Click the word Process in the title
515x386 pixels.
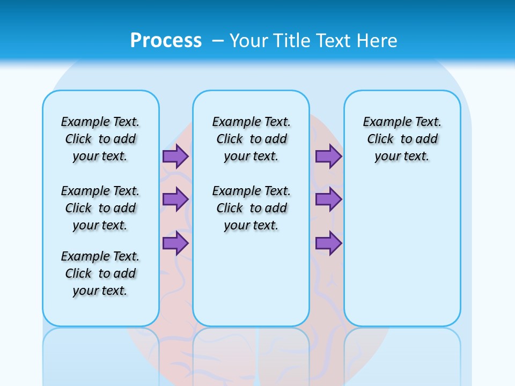(166, 40)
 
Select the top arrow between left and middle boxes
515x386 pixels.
(175, 157)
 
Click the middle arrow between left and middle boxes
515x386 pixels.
(175, 199)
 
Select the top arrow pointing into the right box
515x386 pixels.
(328, 157)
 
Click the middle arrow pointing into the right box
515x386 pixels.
(328, 199)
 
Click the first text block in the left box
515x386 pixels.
(100, 139)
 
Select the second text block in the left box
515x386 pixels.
(100, 208)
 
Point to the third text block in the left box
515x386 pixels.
(100, 273)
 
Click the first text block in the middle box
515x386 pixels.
(251, 139)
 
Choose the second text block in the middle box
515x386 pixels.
(251, 208)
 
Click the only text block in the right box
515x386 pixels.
(402, 139)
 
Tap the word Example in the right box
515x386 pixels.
(383, 122)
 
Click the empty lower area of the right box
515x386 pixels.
(402, 257)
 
